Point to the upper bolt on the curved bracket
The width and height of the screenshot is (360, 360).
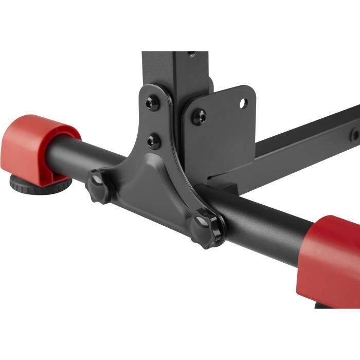(151, 103)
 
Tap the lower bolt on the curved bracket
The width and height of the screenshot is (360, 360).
(153, 140)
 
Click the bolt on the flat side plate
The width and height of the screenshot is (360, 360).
(199, 117)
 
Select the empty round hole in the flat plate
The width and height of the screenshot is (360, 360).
(243, 103)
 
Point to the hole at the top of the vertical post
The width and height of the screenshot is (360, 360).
(192, 53)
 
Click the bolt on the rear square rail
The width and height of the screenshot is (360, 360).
(355, 135)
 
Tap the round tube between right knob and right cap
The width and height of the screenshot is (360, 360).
(262, 226)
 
